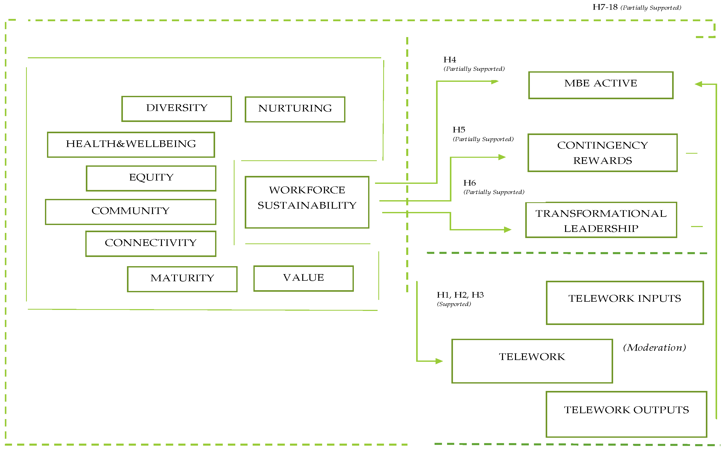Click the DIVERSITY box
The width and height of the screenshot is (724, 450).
[177, 109]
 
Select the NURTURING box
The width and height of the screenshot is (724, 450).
[295, 109]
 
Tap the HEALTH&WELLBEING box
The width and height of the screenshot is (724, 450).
[131, 145]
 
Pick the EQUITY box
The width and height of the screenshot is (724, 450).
[151, 178]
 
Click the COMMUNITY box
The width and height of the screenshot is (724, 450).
[131, 212]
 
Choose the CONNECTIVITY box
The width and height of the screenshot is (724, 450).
[151, 243]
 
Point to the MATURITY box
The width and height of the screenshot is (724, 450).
[182, 279]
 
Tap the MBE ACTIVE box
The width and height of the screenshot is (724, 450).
[601, 85]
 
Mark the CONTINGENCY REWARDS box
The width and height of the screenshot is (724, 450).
[602, 153]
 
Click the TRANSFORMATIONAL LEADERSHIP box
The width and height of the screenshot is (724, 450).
[601, 220]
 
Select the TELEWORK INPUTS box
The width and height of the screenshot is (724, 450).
[625, 303]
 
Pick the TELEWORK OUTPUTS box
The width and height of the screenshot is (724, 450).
[626, 414]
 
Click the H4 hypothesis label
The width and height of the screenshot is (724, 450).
[450, 60]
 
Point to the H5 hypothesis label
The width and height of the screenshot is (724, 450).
[459, 130]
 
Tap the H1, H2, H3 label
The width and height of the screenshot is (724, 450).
[460, 295]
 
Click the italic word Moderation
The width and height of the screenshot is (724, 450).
[655, 348]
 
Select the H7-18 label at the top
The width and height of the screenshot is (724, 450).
[605, 7]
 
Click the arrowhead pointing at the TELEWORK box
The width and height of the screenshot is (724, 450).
[439, 361]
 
